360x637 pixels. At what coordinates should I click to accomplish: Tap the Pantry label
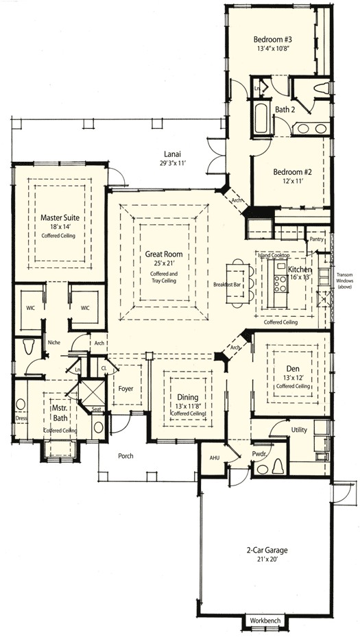(316, 239)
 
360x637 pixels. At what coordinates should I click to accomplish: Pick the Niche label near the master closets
(55, 342)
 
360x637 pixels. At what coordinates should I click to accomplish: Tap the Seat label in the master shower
(96, 409)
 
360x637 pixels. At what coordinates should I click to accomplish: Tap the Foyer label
(125, 389)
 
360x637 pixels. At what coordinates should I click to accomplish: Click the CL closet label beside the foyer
(104, 368)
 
